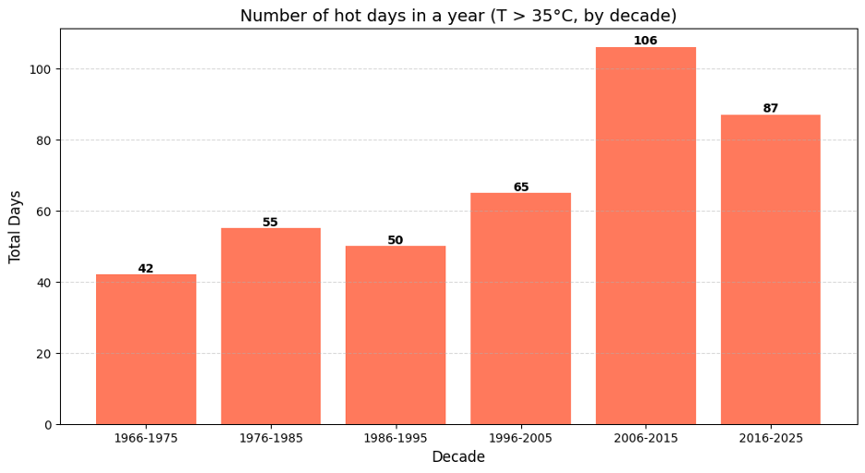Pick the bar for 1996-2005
520,309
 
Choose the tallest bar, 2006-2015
645,236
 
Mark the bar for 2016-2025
771,269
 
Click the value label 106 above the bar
645,41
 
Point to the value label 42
146,269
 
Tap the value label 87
771,109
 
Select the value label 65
521,188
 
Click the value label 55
271,223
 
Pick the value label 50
396,240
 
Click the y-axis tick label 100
41,69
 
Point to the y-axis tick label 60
44,212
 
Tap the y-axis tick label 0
48,425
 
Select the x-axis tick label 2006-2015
645,438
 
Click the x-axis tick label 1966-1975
146,438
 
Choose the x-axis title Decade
458,457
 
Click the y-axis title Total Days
16,226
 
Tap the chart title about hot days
458,16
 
